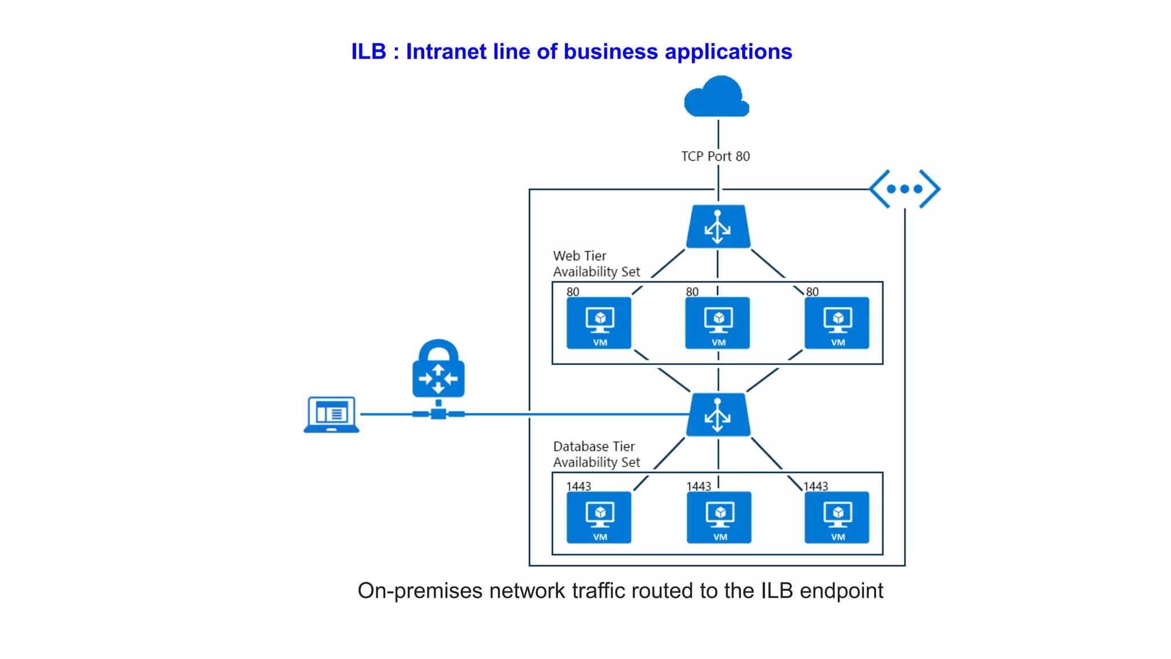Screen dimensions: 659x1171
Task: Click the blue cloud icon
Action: click(x=716, y=97)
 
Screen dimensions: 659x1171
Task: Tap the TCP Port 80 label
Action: click(x=715, y=156)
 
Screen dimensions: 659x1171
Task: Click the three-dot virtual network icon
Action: click(x=905, y=189)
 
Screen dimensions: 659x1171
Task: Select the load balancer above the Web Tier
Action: click(x=718, y=227)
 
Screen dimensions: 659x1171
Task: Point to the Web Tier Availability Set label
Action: click(x=596, y=264)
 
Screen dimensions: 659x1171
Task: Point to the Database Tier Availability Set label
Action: click(x=596, y=454)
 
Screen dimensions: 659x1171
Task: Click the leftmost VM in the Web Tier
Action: click(x=599, y=323)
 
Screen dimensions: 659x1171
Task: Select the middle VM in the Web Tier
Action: click(x=718, y=323)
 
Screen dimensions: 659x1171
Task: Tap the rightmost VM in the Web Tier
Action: click(x=837, y=323)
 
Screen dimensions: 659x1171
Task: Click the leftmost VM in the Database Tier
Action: click(x=599, y=517)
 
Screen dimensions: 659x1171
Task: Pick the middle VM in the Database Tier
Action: click(x=719, y=517)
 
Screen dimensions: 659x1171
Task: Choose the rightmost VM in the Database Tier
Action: click(x=837, y=517)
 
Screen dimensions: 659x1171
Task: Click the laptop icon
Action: click(x=332, y=415)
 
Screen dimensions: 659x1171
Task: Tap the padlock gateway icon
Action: click(x=439, y=371)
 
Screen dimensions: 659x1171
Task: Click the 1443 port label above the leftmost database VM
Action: click(x=578, y=486)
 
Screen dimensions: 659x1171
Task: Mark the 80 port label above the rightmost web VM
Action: click(x=812, y=292)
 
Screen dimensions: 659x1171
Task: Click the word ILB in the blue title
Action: click(x=369, y=51)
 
